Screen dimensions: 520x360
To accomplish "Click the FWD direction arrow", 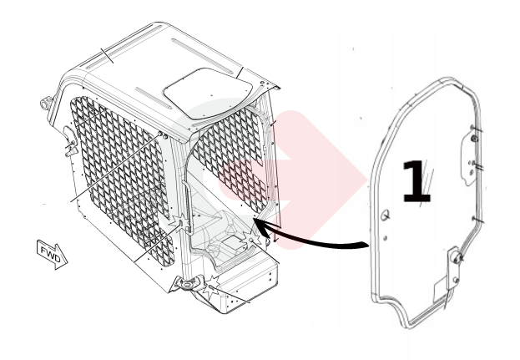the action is (x=52, y=254).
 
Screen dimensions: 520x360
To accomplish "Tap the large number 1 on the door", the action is (x=417, y=181).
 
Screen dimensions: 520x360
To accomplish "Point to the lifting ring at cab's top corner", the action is (x=46, y=103).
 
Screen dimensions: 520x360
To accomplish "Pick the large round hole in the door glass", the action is (x=386, y=215).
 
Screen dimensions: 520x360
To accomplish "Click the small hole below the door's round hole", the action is (x=386, y=238).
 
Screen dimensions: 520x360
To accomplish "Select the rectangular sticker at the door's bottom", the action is (x=442, y=290).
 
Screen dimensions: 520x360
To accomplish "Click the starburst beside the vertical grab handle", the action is (x=180, y=224).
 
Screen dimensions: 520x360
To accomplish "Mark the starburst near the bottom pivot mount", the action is (x=211, y=286).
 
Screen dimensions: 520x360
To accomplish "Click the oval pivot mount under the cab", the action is (x=188, y=284).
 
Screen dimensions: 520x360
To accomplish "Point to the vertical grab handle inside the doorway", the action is (x=186, y=205).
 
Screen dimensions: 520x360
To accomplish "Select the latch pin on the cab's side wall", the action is (x=71, y=146).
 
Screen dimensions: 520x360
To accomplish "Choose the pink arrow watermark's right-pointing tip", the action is (x=366, y=180).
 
